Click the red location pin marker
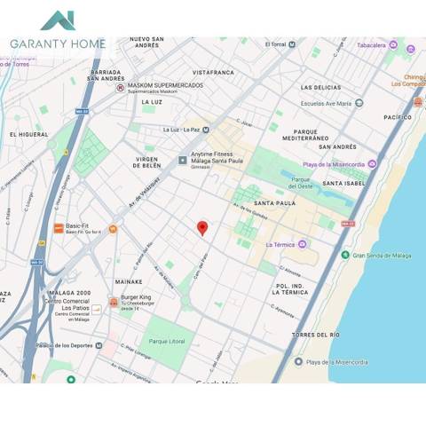pyautogui.click(x=202, y=228)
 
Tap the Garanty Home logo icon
pyautogui.click(x=58, y=20)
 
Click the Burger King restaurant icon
pyautogui.click(x=114, y=303)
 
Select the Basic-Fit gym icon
pyautogui.click(x=59, y=228)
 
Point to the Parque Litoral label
pyautogui.click(x=167, y=341)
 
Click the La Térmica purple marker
pyautogui.click(x=303, y=244)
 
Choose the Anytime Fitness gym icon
pyautogui.click(x=183, y=160)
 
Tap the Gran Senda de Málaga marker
pyautogui.click(x=345, y=255)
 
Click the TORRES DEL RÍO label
pyautogui.click(x=315, y=335)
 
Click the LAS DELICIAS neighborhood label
pyautogui.click(x=320, y=88)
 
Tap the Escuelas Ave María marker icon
pyautogui.click(x=359, y=103)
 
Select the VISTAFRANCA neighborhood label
pyautogui.click(x=213, y=72)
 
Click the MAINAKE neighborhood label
pyautogui.click(x=128, y=281)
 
